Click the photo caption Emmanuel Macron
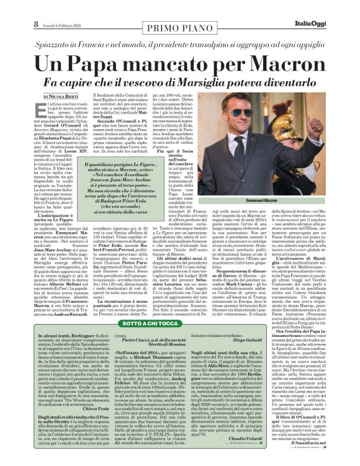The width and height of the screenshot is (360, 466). [261, 201]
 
